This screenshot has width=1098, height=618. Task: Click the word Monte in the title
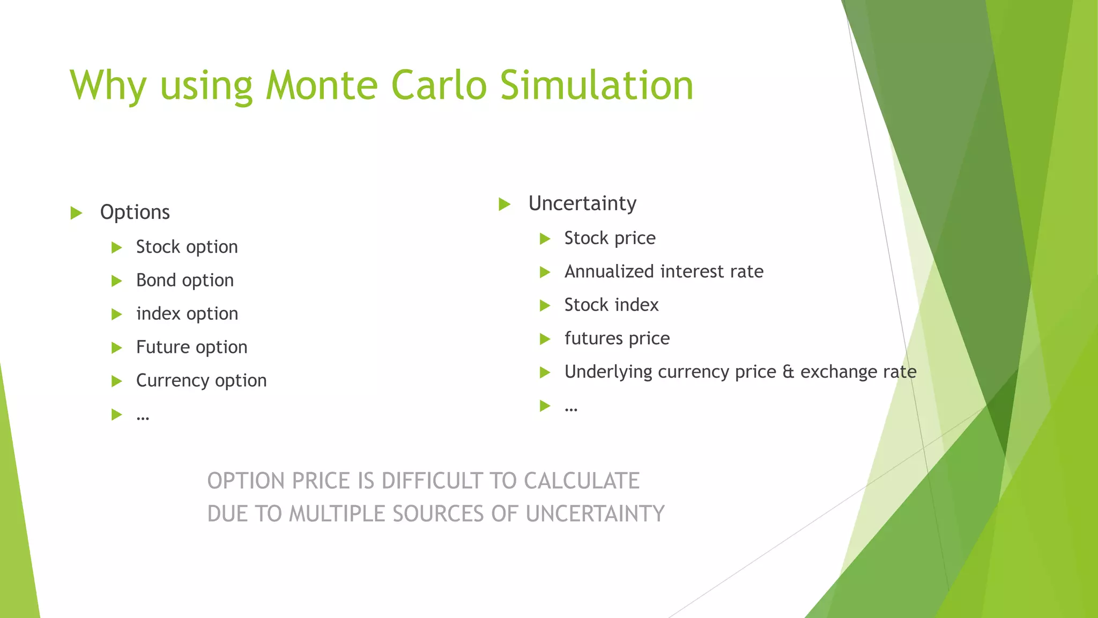(322, 86)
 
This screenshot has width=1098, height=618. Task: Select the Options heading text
(135, 212)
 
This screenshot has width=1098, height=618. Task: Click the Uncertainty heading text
(582, 204)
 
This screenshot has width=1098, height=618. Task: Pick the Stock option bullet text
(187, 247)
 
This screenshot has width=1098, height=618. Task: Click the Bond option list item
(184, 281)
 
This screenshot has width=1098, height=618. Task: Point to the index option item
(187, 314)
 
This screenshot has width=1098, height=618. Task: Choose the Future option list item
(191, 347)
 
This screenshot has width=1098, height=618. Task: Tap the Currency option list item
(201, 380)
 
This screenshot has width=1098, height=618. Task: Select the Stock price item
(610, 238)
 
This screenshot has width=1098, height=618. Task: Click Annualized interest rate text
(664, 271)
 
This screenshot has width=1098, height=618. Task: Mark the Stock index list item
(611, 305)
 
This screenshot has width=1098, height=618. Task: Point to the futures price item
(617, 339)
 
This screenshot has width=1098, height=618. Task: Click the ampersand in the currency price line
(788, 372)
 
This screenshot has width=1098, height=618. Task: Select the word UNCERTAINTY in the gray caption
(595, 514)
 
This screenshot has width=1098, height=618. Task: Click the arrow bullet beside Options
(76, 213)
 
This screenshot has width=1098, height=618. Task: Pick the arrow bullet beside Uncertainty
(504, 204)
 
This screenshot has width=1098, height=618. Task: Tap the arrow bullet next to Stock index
(545, 306)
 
